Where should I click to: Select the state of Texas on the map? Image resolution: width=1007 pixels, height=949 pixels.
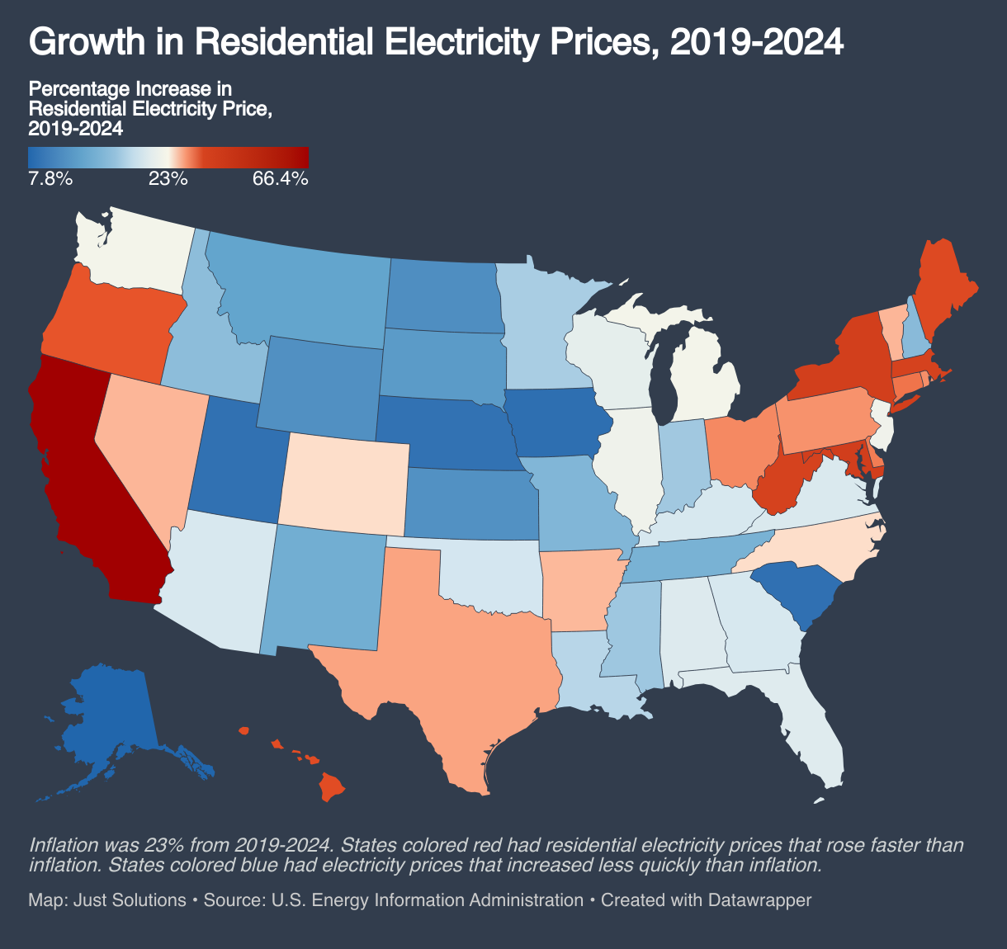click(462, 652)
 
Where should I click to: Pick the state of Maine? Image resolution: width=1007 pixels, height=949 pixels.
click(945, 289)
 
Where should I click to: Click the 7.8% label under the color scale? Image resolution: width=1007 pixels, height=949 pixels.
click(50, 178)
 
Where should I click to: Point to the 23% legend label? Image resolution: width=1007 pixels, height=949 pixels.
click(168, 178)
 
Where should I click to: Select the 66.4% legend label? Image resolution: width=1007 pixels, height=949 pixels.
click(280, 178)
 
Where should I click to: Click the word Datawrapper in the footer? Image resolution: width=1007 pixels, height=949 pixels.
click(759, 899)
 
